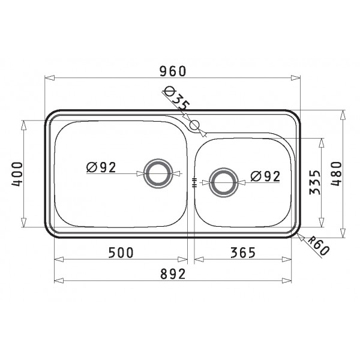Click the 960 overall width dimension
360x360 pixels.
173,71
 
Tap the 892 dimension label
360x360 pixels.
173,274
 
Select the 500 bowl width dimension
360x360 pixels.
121,253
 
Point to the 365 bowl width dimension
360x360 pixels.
243,253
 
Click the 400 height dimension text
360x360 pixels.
17,174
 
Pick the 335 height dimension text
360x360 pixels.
314,182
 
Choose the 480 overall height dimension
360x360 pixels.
337,173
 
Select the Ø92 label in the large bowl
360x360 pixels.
101,167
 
